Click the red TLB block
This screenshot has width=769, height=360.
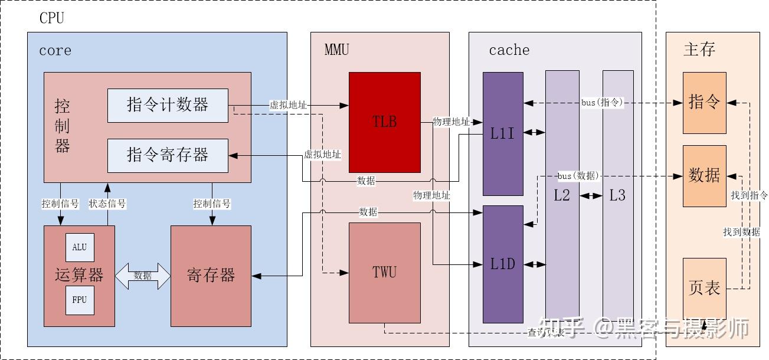384,122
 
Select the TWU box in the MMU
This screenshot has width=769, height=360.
384,272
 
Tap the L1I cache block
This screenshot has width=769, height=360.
503,133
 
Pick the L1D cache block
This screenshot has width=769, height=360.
503,264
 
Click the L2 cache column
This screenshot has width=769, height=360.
562,195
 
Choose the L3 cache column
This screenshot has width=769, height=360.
617,195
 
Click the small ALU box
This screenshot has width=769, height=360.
79,247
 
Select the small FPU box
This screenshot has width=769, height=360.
79,300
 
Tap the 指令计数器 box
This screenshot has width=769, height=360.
168,105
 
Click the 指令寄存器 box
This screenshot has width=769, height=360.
168,155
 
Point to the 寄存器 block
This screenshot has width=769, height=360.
211,275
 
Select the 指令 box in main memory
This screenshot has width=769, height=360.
704,103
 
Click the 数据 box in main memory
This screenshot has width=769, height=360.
704,176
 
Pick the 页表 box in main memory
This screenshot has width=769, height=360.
704,289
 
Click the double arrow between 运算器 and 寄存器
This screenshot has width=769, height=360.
143,276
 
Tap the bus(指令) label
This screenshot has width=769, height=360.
602,103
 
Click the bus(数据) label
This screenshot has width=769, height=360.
578,176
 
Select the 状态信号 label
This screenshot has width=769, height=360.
107,204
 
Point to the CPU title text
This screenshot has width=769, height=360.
51,18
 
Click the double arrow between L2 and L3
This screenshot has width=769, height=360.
588,195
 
